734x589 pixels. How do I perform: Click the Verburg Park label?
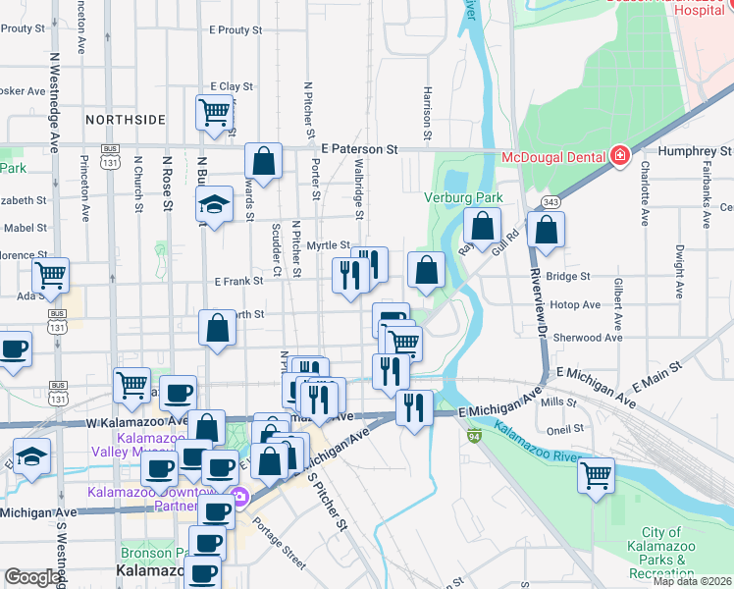click(463, 198)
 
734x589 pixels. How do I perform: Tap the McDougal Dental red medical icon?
click(619, 156)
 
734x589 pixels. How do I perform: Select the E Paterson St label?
click(358, 149)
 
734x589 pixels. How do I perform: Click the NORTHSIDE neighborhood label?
click(126, 120)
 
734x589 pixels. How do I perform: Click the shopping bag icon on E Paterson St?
click(264, 159)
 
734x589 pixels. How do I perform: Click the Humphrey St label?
click(695, 151)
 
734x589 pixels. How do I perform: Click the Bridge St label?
click(568, 277)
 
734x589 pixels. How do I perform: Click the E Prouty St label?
click(236, 30)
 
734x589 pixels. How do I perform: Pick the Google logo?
click(32, 578)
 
